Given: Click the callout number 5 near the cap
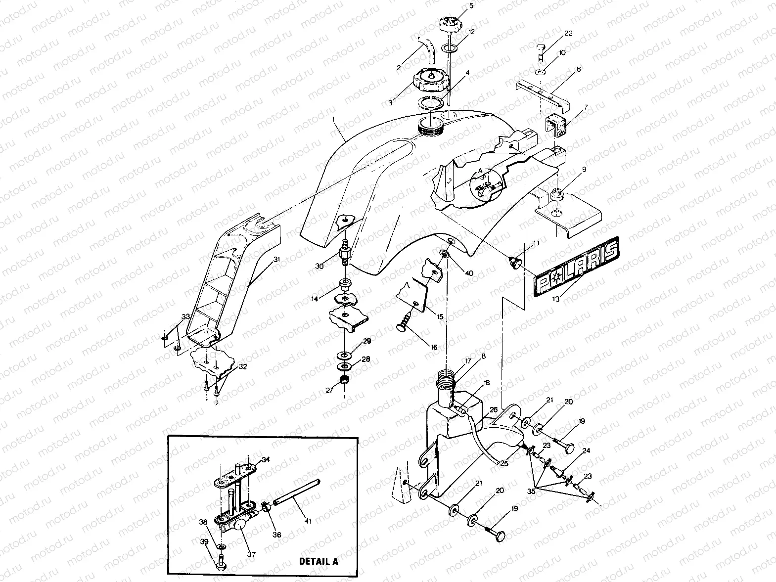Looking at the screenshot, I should [x=471, y=6].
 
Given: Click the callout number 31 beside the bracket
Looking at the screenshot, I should [x=276, y=259].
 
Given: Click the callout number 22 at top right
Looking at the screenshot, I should [x=568, y=33].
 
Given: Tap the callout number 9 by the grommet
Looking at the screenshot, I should [x=584, y=169].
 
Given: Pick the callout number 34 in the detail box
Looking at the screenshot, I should [x=266, y=459].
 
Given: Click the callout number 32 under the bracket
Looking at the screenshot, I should [x=242, y=367].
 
